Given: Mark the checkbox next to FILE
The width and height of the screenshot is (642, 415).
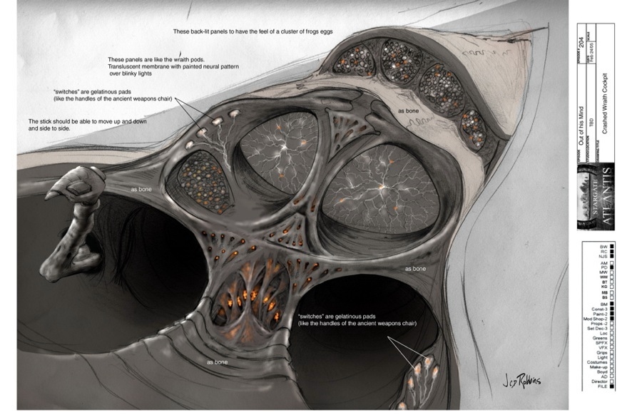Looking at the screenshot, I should [611, 386].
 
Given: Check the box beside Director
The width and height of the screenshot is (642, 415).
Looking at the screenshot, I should [611, 381].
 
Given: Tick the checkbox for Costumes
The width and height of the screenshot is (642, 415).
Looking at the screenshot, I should [611, 362].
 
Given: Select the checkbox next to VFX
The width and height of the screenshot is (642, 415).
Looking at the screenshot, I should [611, 347].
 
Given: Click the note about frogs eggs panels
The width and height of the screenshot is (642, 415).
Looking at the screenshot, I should [253, 32].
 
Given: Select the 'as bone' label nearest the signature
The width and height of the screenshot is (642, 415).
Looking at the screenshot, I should [416, 269].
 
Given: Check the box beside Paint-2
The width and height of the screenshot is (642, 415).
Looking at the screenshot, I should [611, 314].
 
